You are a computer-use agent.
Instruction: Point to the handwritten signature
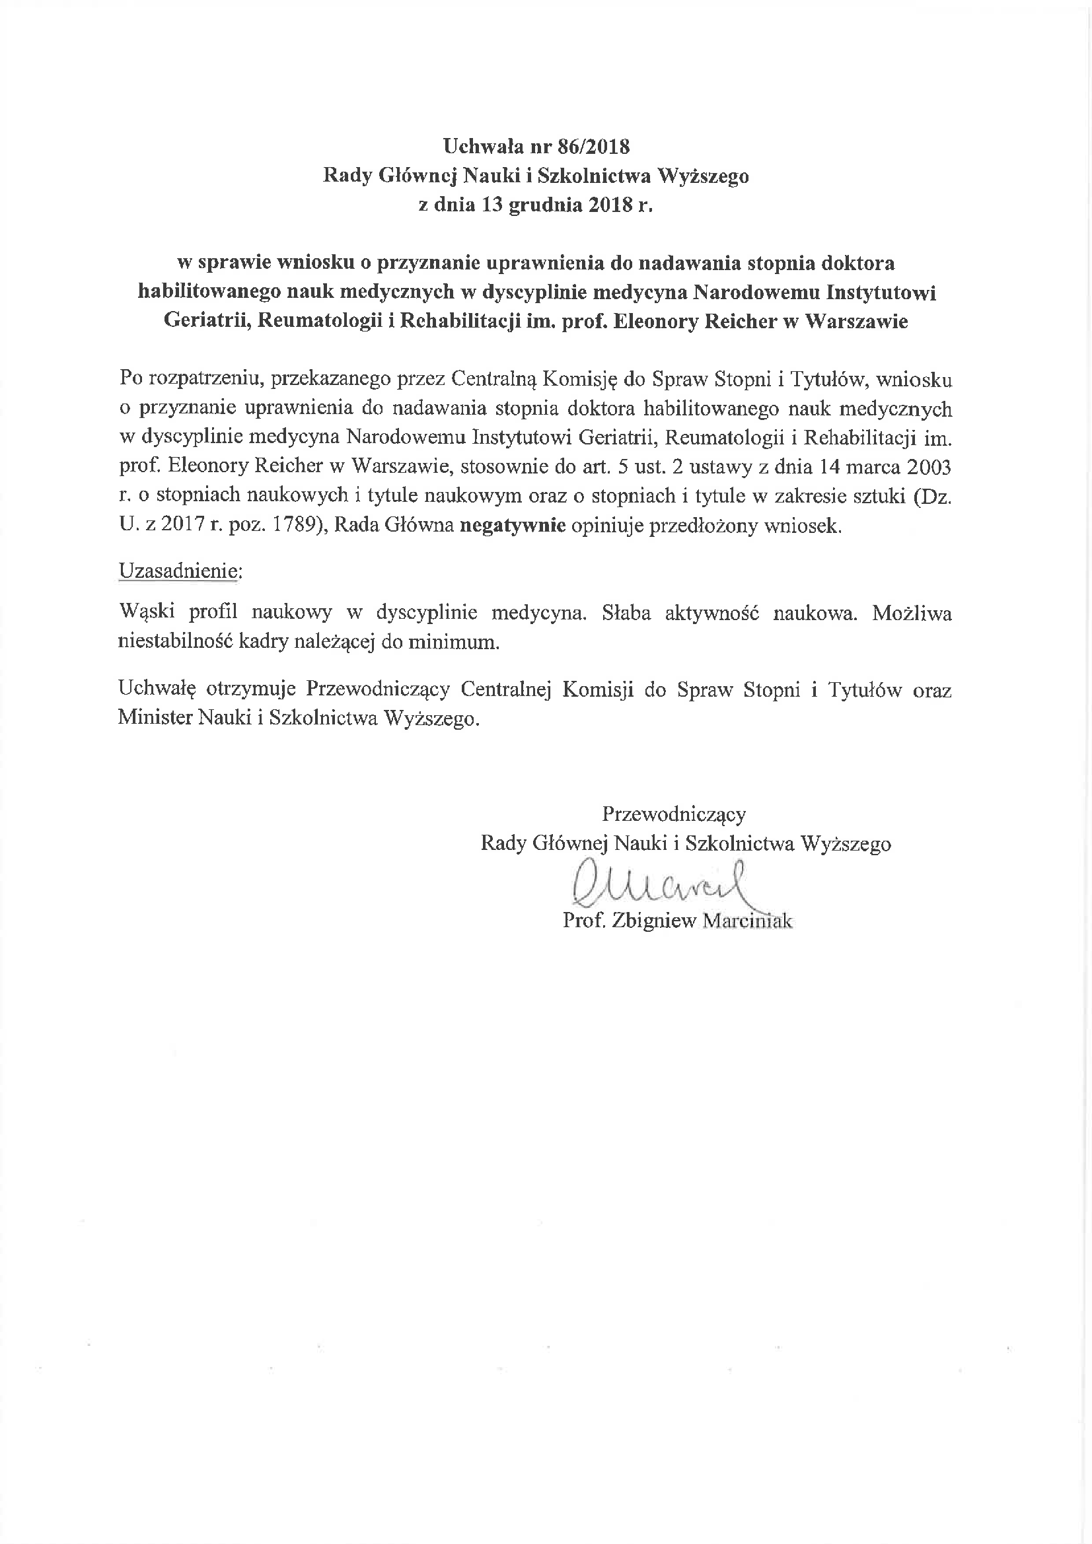[x=660, y=883]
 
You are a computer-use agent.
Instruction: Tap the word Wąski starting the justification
[x=147, y=614]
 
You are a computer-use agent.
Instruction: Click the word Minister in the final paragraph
[x=155, y=719]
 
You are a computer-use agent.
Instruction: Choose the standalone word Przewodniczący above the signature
[x=674, y=814]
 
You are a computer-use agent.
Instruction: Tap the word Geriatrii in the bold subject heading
[x=207, y=321]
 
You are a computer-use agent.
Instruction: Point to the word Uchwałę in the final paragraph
[x=157, y=690]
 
